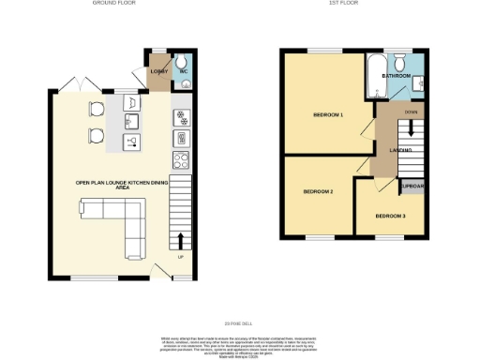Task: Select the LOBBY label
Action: [x=158, y=71]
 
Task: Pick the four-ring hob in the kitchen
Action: [x=180, y=158]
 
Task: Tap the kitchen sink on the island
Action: [x=132, y=121]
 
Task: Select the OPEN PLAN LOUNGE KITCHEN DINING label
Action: [x=115, y=185]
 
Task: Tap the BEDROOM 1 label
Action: [x=328, y=114]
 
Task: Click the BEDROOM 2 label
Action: [x=318, y=191]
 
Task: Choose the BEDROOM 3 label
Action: [x=390, y=216]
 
